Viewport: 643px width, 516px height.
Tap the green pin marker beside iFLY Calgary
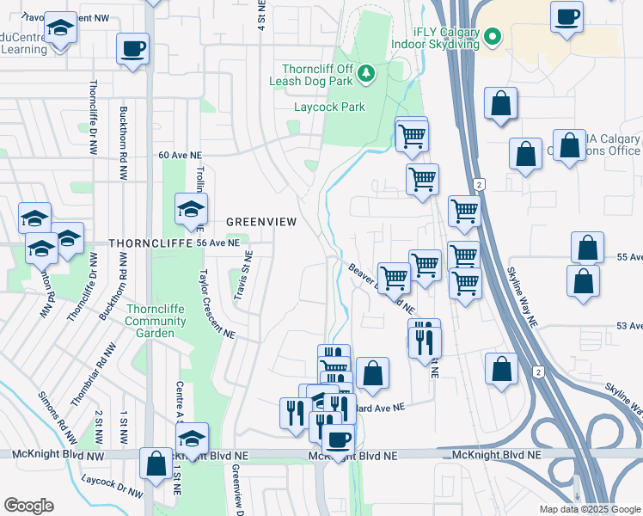[492, 37]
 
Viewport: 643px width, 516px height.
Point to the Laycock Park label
[329, 107]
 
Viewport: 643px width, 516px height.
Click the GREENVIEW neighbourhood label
[261, 222]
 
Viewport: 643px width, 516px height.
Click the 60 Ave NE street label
[180, 156]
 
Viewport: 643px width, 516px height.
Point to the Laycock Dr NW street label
[112, 484]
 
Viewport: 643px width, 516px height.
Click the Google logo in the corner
[28, 506]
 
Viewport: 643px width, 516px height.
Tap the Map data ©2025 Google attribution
[589, 509]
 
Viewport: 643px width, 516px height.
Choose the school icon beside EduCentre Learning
[60, 28]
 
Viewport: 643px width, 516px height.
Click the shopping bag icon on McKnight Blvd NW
[156, 464]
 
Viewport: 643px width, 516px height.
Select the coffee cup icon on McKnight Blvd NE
[338, 439]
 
